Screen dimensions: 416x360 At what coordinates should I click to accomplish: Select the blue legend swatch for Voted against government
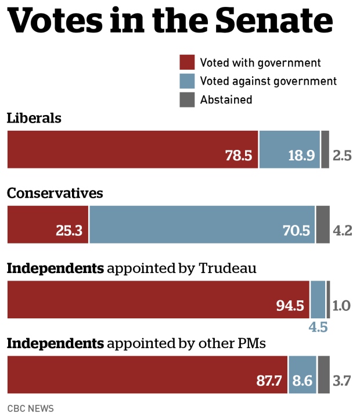[x=186, y=81]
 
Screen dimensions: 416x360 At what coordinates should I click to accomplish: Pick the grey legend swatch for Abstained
[x=186, y=99]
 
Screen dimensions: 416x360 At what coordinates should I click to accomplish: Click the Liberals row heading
[x=34, y=118]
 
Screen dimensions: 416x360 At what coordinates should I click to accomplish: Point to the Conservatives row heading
[x=55, y=193]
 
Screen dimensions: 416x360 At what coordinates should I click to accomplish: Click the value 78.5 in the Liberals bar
[x=239, y=156]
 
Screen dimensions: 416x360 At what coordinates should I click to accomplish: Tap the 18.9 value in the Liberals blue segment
[x=301, y=156]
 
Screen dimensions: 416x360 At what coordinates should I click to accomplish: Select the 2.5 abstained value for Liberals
[x=343, y=156]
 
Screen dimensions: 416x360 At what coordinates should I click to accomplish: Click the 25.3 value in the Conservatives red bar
[x=70, y=231]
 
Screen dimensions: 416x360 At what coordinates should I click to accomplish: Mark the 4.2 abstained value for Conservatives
[x=343, y=231]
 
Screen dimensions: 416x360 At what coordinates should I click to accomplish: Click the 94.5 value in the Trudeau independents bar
[x=290, y=306]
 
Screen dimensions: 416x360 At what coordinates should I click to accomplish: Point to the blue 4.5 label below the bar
[x=318, y=327]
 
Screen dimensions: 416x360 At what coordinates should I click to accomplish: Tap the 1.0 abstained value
[x=341, y=306]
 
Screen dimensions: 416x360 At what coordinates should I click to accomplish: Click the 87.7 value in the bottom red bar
[x=269, y=381]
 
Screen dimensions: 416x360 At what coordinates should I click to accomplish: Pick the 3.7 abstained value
[x=343, y=381]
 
